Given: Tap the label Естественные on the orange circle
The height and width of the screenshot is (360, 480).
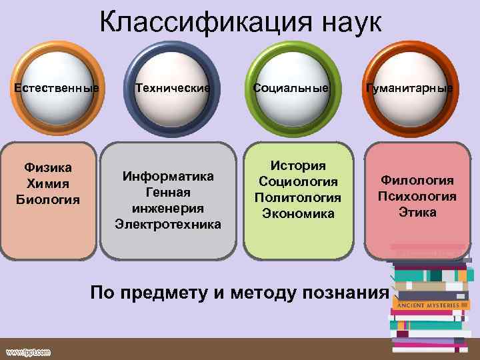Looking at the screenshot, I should pos(58,88).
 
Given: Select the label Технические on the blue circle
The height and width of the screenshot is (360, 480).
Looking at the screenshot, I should pos(173,88).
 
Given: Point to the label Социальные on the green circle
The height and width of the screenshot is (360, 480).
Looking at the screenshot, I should pos(291,88).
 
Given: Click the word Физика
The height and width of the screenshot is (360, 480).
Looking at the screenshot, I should pos(48,167).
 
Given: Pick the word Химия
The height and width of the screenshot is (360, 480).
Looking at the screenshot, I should pos(48,183).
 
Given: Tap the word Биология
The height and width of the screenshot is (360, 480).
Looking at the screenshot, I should pos(48,199).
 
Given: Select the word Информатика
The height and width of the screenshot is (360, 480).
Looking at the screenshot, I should pos(168,177).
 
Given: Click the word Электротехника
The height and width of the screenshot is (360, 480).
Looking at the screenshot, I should pos(168,225).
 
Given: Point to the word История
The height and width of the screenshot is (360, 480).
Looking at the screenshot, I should pos(298,166).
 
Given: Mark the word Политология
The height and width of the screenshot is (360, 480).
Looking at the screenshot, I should pos(298,198).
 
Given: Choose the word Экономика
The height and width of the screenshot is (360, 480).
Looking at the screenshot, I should pos(298,214).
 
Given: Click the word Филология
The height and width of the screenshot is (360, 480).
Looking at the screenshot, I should pos(417,180).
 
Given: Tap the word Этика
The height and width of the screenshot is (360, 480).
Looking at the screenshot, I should pos(417,213).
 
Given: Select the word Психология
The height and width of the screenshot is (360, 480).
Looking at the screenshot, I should pos(417,197).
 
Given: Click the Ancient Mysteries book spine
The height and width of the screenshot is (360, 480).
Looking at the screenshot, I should pos(429,305).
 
